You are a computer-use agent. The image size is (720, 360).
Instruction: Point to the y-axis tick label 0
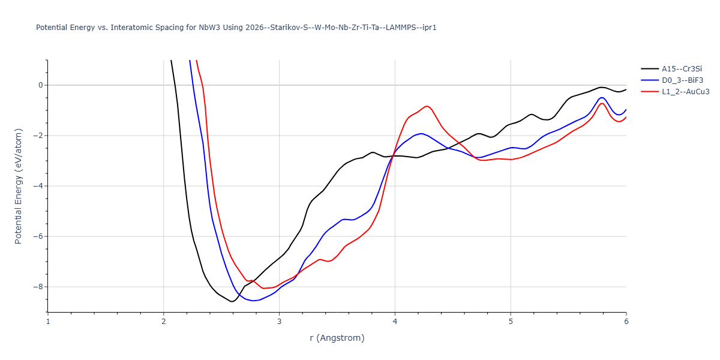pyautogui.click(x=41, y=85)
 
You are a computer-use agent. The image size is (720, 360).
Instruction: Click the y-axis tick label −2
pyautogui.click(x=38, y=136)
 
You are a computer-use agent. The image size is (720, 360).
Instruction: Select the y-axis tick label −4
pyautogui.click(x=38, y=186)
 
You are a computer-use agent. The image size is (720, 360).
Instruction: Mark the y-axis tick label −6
pyautogui.click(x=38, y=236)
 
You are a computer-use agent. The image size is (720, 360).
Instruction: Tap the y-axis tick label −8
pyautogui.click(x=38, y=287)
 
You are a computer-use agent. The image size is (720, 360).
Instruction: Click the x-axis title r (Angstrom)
pyautogui.click(x=337, y=338)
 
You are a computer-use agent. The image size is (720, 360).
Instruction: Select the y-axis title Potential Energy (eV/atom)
pyautogui.click(x=19, y=186)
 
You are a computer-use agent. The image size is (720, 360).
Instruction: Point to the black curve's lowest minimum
pyautogui.click(x=232, y=302)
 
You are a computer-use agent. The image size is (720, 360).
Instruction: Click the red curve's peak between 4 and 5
pyautogui.click(x=427, y=106)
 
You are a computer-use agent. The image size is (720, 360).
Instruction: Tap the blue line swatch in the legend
pyautogui.click(x=649, y=80)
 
